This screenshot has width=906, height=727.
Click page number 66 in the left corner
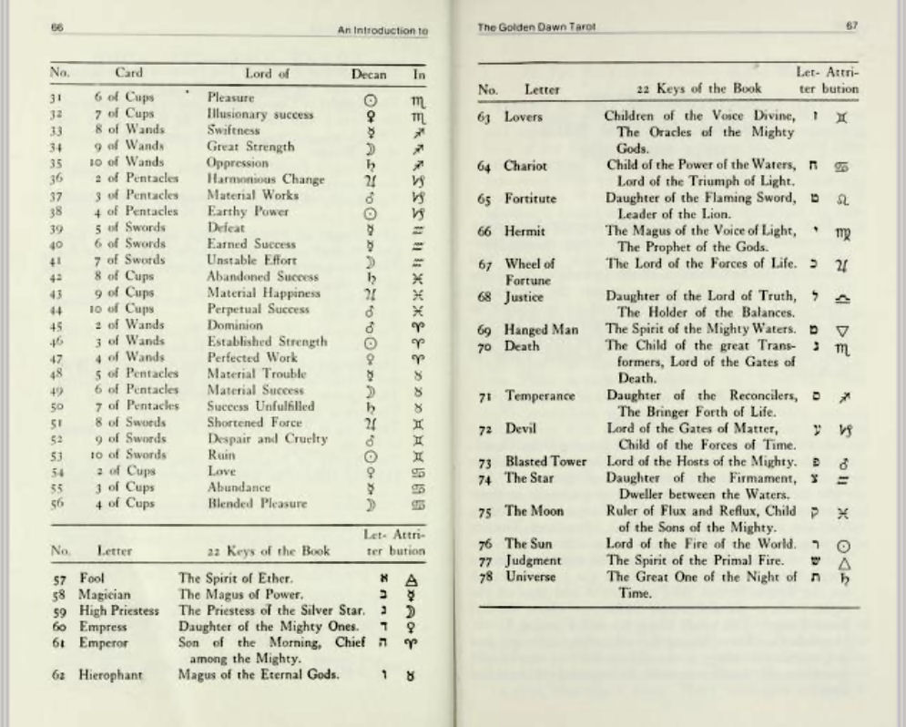(x=56, y=28)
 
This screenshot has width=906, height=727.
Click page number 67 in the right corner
(x=851, y=28)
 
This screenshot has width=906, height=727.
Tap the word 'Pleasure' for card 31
(x=231, y=97)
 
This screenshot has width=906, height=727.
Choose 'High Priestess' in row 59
(x=120, y=610)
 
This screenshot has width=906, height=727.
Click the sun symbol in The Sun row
(x=842, y=545)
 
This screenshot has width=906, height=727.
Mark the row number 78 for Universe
(x=487, y=578)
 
